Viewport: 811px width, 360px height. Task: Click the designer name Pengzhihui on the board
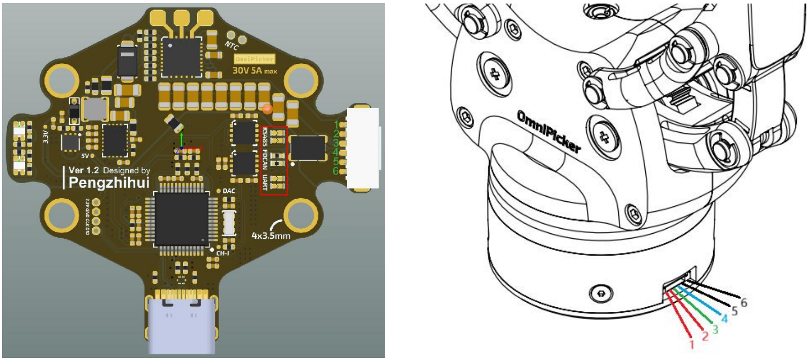click(x=109, y=183)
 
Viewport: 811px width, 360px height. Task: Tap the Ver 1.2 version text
click(x=84, y=170)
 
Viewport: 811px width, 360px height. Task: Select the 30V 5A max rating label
click(x=254, y=70)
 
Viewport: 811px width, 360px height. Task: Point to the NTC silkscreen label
click(x=232, y=46)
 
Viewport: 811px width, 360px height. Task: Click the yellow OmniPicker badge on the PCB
click(x=254, y=59)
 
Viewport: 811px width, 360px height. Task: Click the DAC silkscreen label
click(x=229, y=191)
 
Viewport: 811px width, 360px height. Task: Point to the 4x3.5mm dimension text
click(x=271, y=236)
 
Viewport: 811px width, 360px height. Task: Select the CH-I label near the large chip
click(x=223, y=253)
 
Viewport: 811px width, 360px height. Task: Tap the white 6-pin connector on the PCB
click(x=363, y=148)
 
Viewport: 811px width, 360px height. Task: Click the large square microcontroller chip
click(x=181, y=219)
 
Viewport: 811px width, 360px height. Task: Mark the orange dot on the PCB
click(x=267, y=109)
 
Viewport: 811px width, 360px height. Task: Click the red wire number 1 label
click(x=691, y=344)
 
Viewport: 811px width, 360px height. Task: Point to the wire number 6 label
click(x=744, y=303)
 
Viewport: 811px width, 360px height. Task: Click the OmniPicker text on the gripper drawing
click(x=548, y=131)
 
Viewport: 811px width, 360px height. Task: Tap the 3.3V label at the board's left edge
click(x=46, y=136)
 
